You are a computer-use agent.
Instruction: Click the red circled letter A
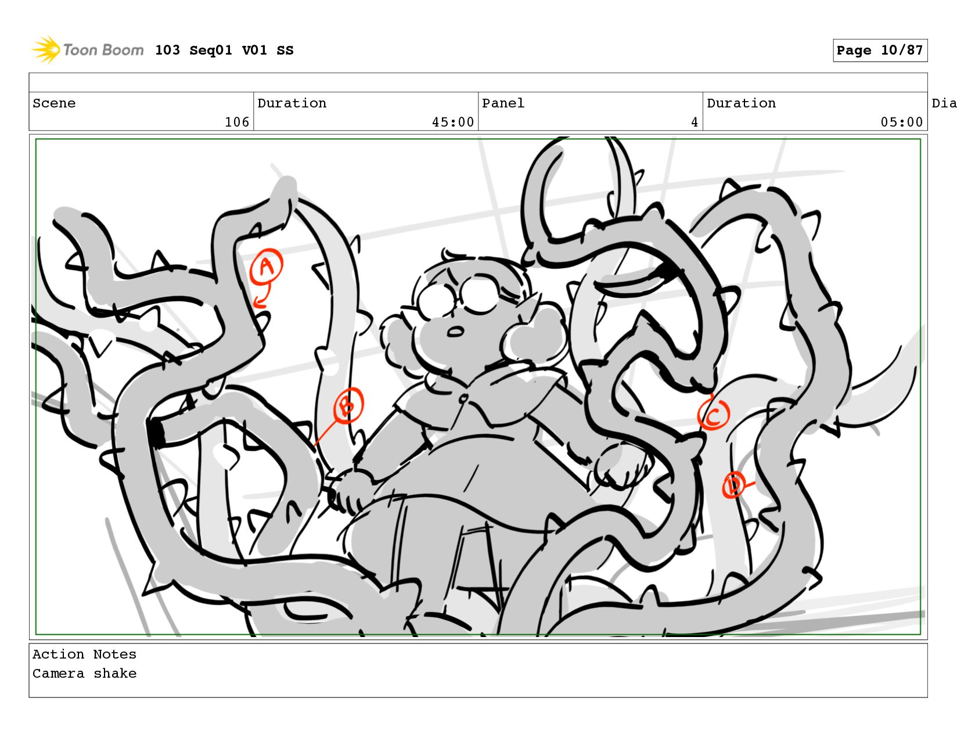266,266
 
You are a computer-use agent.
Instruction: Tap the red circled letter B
348,405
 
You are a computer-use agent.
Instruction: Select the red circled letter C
714,415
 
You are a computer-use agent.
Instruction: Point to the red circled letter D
733,485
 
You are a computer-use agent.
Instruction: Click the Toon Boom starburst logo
46,50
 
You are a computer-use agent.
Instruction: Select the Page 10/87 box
880,50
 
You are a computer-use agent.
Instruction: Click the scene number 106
237,122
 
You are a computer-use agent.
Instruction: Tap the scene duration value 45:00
453,122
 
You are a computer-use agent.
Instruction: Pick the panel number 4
695,122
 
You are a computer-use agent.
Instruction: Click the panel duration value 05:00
901,122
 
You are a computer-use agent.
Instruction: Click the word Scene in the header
54,103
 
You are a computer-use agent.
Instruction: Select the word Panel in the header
503,103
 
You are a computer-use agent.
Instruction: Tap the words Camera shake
85,673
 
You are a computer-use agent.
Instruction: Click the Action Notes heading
85,654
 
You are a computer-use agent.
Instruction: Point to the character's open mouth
455,332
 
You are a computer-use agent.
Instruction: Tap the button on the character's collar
462,399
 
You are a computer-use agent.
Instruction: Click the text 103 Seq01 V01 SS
224,50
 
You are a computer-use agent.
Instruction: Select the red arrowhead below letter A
260,303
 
